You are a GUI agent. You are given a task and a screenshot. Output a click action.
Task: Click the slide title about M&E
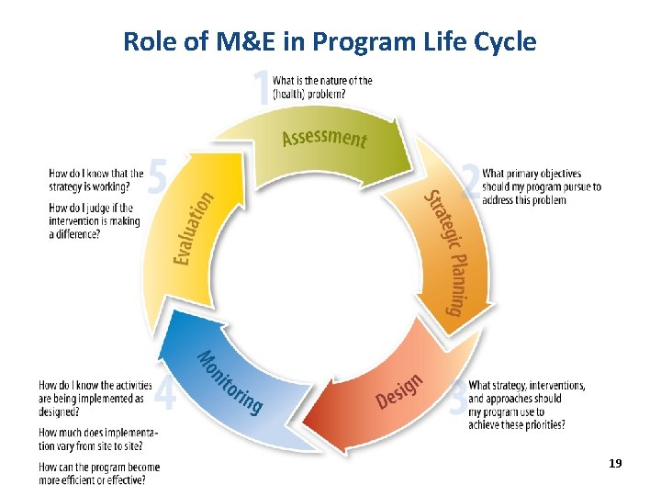click(x=330, y=41)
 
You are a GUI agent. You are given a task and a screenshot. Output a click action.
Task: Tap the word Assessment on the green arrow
click(x=324, y=139)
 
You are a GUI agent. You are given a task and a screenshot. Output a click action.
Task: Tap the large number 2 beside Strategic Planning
click(x=470, y=182)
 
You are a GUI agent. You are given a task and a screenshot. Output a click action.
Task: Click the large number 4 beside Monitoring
click(x=165, y=395)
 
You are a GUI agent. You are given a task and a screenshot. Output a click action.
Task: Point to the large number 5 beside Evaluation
click(x=158, y=178)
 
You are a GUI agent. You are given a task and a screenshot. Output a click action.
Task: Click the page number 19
click(x=615, y=464)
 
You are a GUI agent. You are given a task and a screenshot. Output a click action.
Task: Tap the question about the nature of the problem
click(x=322, y=86)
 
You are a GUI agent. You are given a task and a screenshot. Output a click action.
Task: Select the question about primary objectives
click(x=542, y=186)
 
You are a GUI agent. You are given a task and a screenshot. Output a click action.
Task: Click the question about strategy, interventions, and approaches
click(x=527, y=405)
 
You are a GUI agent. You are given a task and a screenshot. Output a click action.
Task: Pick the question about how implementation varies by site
click(x=98, y=438)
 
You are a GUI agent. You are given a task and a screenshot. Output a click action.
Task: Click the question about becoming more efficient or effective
click(x=99, y=472)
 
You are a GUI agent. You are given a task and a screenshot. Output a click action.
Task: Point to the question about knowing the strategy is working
click(x=95, y=179)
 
